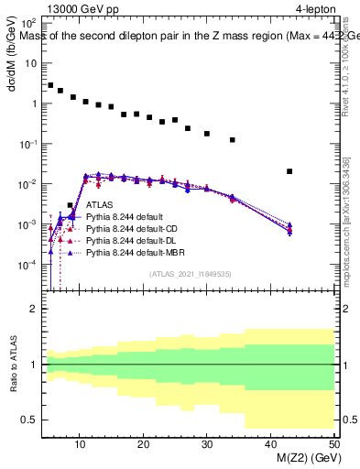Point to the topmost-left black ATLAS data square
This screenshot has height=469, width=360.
50,85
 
